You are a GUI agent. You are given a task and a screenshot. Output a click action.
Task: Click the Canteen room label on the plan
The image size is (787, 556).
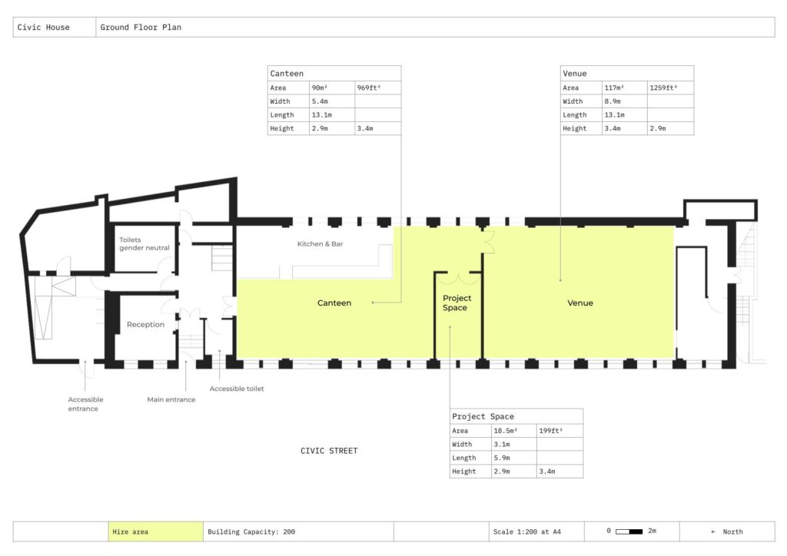click(334, 303)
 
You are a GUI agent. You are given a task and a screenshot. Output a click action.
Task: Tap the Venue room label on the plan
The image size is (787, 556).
click(580, 303)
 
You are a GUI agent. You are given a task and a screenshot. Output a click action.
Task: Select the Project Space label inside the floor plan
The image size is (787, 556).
click(457, 303)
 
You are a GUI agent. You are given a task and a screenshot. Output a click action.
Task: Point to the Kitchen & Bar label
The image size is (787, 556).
click(320, 243)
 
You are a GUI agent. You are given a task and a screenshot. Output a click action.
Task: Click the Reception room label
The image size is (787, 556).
click(145, 324)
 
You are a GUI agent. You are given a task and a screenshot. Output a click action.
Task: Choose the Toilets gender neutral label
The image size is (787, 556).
click(144, 243)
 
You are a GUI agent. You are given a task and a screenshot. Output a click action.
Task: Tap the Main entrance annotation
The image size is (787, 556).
click(171, 399)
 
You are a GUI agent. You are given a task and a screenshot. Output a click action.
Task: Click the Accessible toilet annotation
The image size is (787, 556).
click(237, 389)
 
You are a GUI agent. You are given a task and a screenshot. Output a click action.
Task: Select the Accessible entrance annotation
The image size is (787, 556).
click(85, 404)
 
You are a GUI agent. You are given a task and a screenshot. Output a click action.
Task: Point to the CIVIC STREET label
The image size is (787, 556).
click(329, 451)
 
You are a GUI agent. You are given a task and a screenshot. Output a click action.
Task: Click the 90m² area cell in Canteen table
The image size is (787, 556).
click(320, 88)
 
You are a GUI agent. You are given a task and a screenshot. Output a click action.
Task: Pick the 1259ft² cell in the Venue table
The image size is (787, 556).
click(663, 88)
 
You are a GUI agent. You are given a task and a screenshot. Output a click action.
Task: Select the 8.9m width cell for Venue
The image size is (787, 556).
click(613, 101)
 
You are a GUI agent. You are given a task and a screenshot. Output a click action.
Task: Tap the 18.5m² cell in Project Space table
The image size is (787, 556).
click(506, 431)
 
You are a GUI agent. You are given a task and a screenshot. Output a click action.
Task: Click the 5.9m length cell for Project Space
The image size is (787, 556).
click(502, 458)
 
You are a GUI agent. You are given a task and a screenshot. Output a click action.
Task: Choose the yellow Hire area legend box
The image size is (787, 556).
click(155, 531)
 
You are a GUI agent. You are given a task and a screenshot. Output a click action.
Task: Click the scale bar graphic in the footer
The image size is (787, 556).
click(629, 531)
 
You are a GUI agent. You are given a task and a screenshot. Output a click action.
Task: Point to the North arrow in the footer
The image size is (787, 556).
click(713, 532)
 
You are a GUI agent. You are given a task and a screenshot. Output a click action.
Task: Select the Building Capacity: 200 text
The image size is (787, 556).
click(251, 532)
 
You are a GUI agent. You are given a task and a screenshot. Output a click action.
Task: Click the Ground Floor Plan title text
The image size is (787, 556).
click(141, 27)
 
